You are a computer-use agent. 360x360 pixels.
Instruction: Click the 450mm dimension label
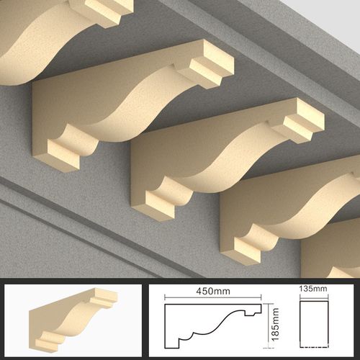[x=213, y=291]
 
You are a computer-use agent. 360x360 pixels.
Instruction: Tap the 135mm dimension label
[x=313, y=289]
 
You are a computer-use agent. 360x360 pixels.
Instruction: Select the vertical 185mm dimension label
[x=275, y=324]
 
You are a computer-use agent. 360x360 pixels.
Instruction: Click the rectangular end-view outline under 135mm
[x=314, y=324]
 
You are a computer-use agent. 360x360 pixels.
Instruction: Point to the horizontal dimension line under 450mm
[x=213, y=298]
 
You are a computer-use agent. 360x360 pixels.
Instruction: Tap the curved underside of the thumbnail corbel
[x=72, y=319]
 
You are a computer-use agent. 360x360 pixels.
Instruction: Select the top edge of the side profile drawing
[x=213, y=305]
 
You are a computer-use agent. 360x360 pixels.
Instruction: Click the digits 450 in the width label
[x=204, y=291]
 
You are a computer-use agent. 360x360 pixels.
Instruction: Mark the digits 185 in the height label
[x=275, y=333]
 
